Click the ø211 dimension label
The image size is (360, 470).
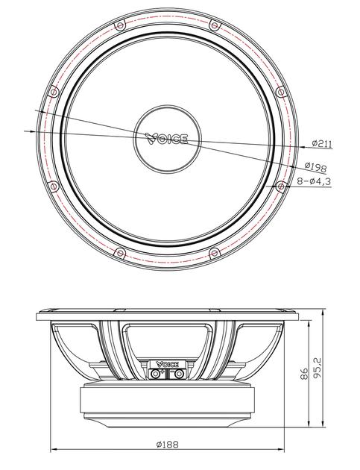pyautogui.click(x=322, y=143)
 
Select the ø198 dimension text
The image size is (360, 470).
pyautogui.click(x=316, y=166)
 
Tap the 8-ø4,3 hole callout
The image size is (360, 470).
pyautogui.click(x=315, y=181)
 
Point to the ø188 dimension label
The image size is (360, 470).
pyautogui.click(x=167, y=444)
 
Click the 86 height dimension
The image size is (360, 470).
pyautogui.click(x=304, y=374)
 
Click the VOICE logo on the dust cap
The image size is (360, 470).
pyautogui.click(x=167, y=139)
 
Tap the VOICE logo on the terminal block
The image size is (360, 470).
pyautogui.click(x=167, y=364)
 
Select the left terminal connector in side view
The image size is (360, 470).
pyautogui.click(x=156, y=374)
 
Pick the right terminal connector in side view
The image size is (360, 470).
pyautogui.click(x=179, y=374)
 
